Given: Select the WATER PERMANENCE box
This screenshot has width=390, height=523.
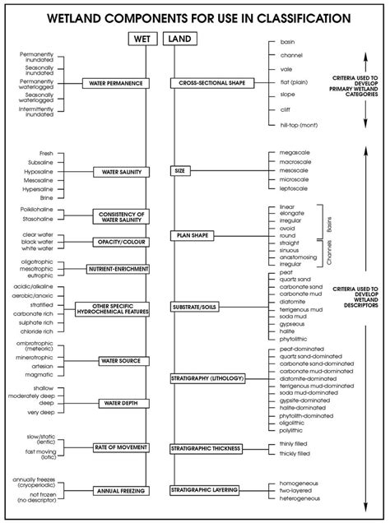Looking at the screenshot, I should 112,83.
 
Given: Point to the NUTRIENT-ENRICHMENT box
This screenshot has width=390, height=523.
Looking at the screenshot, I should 112,269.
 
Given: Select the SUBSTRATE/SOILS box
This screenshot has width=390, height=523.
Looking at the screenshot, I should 197,308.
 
